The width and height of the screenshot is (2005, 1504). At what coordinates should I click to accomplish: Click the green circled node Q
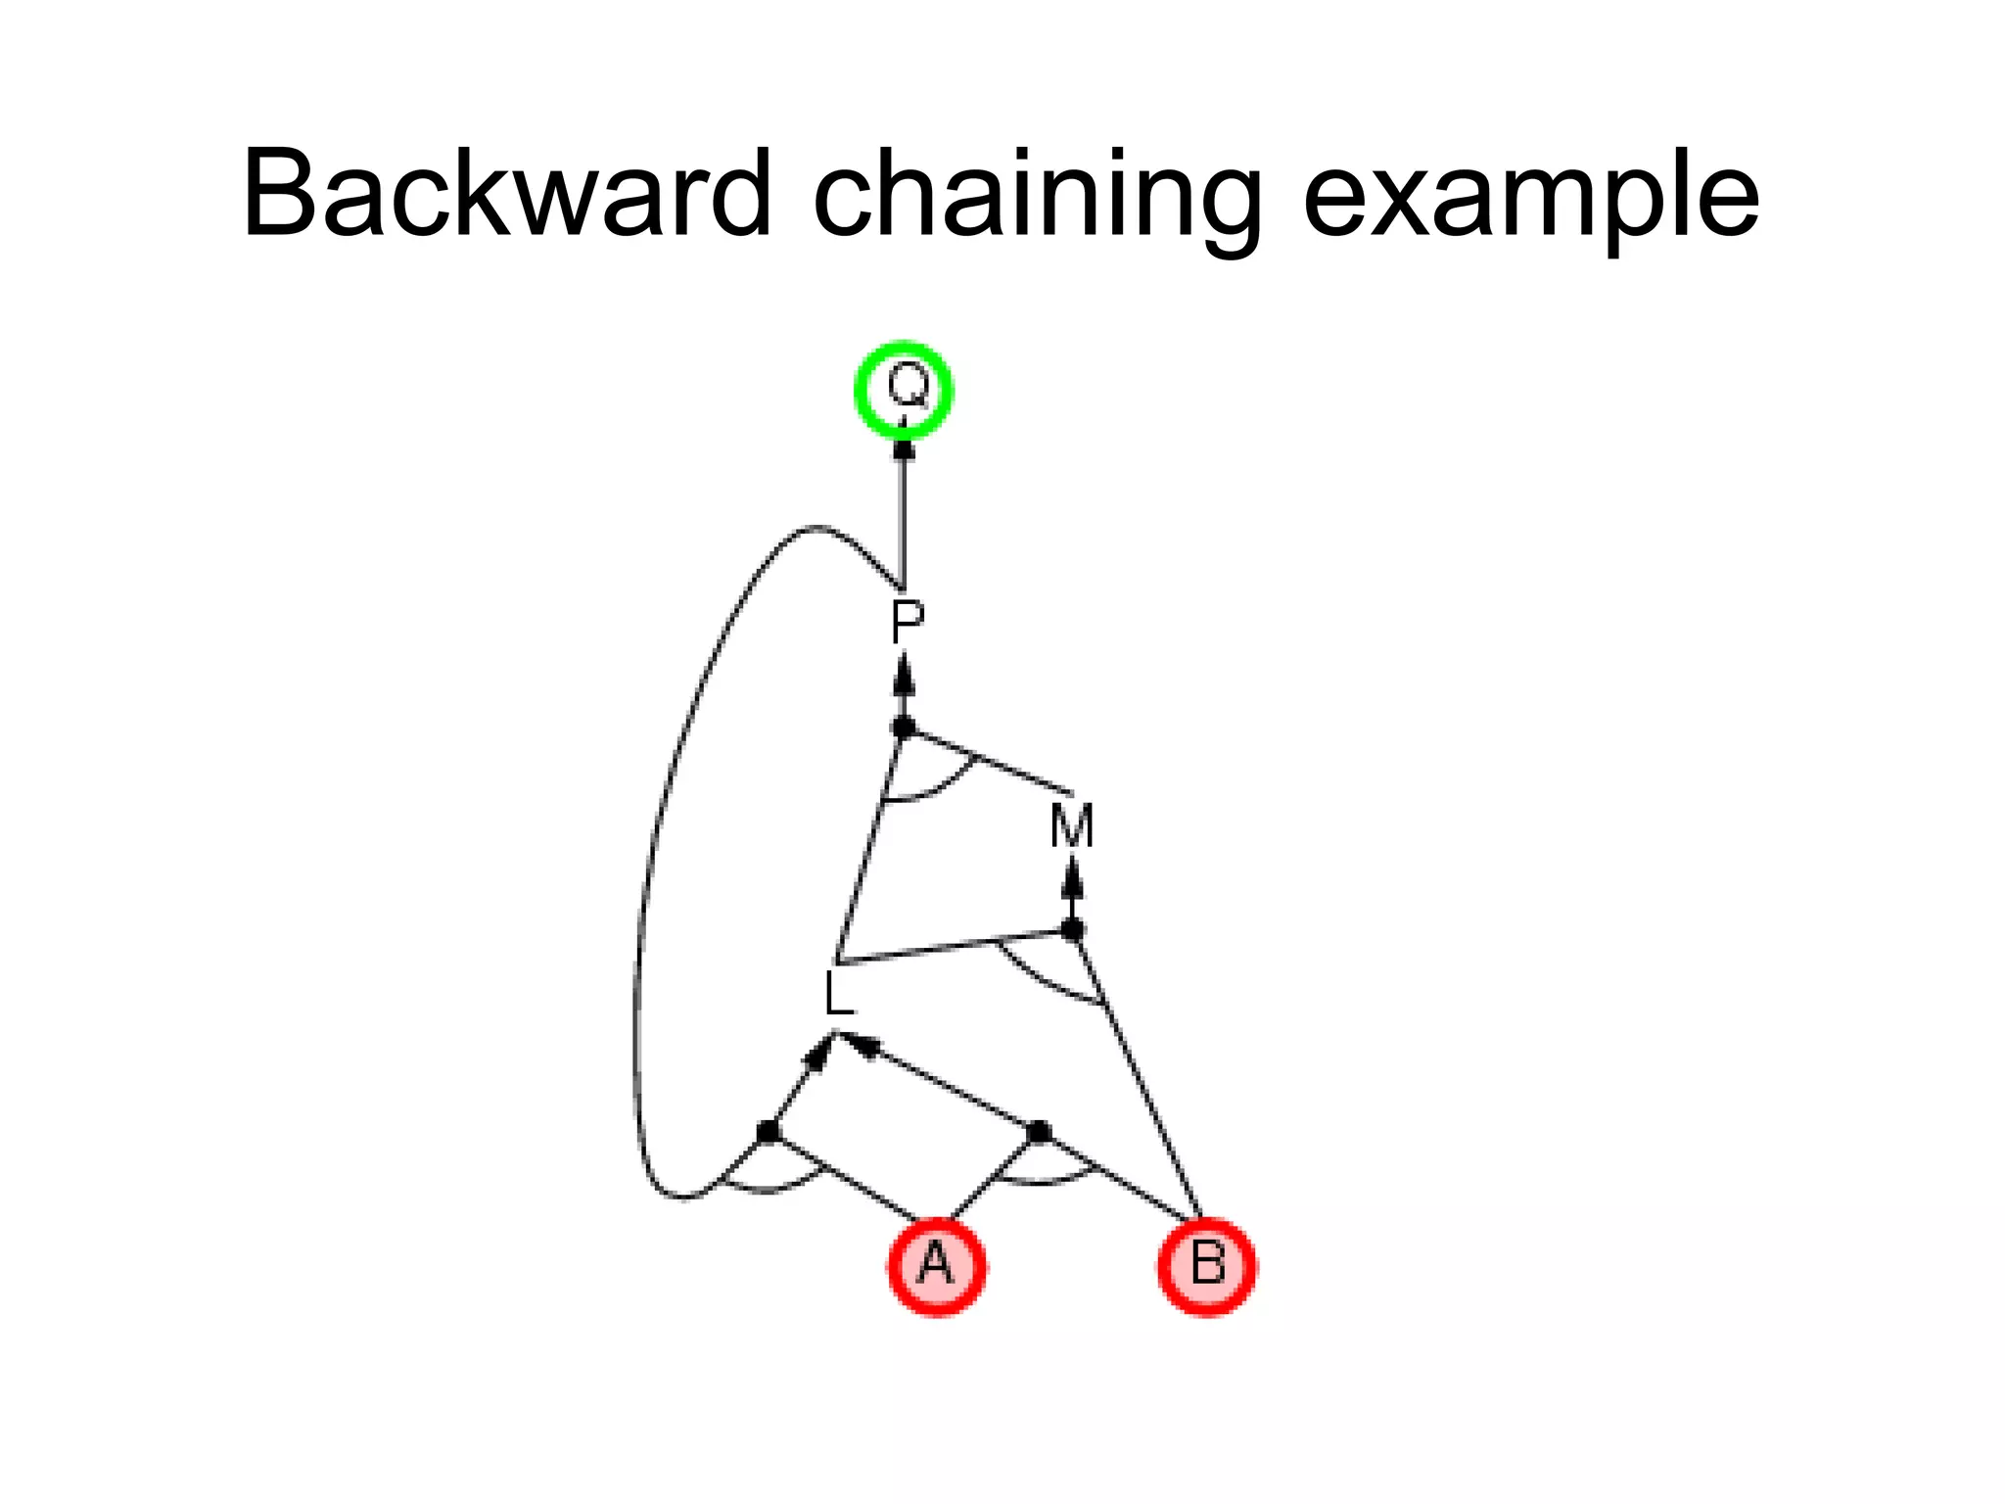tap(904, 389)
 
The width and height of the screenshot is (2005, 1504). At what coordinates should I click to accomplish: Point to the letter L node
tap(838, 995)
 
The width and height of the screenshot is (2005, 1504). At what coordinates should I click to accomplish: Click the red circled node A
tap(937, 1265)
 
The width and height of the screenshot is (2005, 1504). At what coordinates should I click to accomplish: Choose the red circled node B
tap(1206, 1265)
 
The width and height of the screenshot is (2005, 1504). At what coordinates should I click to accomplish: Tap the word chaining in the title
tap(1037, 196)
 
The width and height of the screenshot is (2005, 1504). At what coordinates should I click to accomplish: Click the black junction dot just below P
tap(904, 728)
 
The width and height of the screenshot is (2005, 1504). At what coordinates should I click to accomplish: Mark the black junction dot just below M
tap(1073, 928)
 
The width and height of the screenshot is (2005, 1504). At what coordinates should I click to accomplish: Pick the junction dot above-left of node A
tap(769, 1132)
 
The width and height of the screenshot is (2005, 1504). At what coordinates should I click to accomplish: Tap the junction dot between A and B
tap(1040, 1132)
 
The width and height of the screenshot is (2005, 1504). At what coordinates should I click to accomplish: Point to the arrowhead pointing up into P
tap(905, 676)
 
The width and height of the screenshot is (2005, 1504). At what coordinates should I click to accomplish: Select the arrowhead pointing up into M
tap(1073, 877)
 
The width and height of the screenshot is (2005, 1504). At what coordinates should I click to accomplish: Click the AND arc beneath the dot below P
tap(930, 791)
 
